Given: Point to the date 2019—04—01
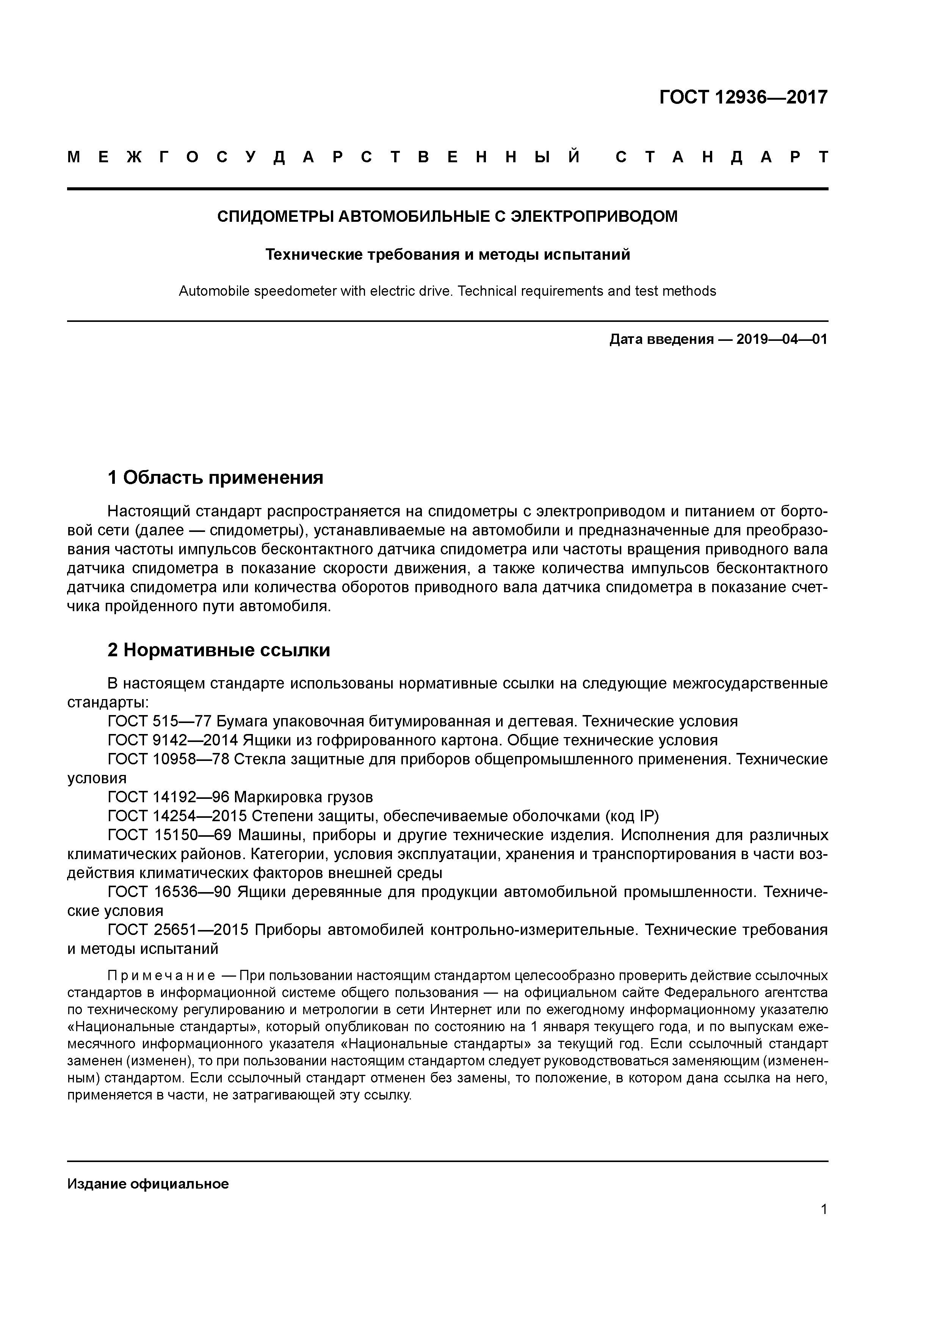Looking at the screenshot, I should (782, 339).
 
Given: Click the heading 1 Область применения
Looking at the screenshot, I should (215, 478).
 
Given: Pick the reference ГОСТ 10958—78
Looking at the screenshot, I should (168, 759).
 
